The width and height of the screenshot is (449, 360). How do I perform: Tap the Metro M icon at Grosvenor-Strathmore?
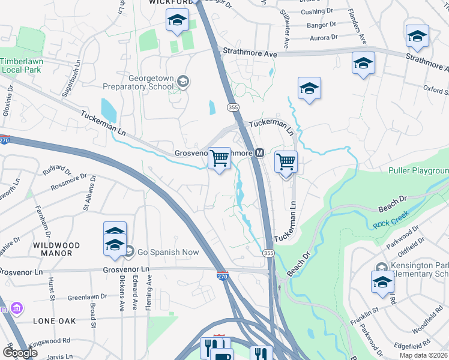(260, 153)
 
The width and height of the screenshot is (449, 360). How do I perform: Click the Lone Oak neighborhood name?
(55, 321)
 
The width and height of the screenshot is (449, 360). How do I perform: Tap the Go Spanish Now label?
(168, 253)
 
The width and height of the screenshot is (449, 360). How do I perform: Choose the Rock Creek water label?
(391, 224)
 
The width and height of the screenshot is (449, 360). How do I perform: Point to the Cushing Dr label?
(317, 11)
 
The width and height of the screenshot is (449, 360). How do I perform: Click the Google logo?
(20, 353)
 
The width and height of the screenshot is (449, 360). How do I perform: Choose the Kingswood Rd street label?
(49, 341)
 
